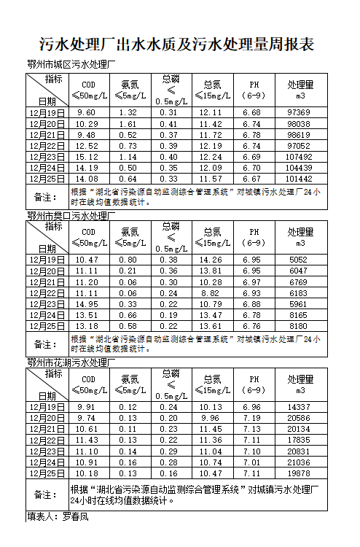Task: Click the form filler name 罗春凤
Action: [x=75, y=516]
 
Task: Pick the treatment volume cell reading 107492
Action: [x=299, y=157]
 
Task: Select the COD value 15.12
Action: [x=87, y=157]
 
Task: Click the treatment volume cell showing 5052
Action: [x=299, y=260]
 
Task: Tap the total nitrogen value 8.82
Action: [x=210, y=292]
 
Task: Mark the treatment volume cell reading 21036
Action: [x=299, y=462]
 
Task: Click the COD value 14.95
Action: [x=87, y=304]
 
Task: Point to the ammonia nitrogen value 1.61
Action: [x=128, y=124]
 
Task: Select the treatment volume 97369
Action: [x=299, y=112]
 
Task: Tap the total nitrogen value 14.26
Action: [x=210, y=260]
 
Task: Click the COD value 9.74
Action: [x=87, y=418]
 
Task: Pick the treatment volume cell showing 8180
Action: [x=299, y=326]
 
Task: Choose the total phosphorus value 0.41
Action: [x=168, y=124]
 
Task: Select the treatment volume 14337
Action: [x=299, y=407]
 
